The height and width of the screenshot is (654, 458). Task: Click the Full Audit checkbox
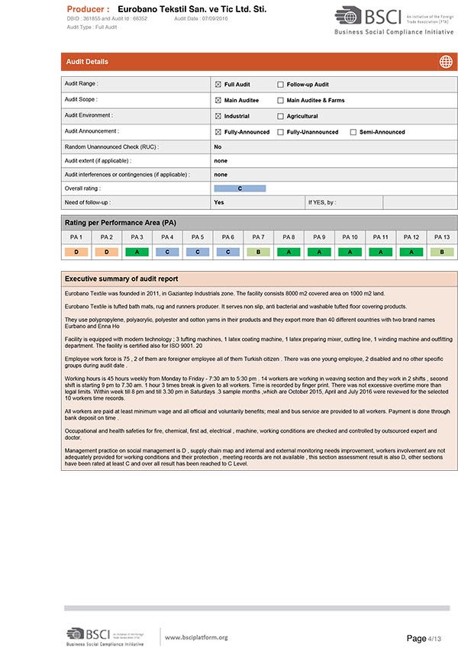(218, 85)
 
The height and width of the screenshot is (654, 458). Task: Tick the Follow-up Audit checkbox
(280, 85)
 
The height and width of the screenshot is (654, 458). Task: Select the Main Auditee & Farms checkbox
(280, 100)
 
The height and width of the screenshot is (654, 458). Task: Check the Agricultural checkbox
(280, 116)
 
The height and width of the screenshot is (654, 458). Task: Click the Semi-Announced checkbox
(353, 132)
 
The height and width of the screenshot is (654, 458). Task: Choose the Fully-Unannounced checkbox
(280, 132)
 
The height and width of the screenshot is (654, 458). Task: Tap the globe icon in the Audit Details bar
(446, 62)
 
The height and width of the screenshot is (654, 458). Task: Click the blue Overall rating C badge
(240, 188)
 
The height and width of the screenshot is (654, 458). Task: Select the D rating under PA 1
(76, 251)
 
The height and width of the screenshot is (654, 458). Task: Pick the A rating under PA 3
(137, 251)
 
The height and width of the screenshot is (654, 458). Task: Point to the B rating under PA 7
(258, 251)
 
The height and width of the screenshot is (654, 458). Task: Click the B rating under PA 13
(441, 251)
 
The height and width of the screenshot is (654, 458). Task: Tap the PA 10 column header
(350, 237)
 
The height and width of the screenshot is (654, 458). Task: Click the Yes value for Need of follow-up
(219, 202)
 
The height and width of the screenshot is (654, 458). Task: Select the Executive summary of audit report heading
(121, 279)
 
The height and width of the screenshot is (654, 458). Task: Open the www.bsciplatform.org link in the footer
(196, 637)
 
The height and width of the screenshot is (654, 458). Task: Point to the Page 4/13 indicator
(424, 638)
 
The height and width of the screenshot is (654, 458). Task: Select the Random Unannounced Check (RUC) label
(111, 147)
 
